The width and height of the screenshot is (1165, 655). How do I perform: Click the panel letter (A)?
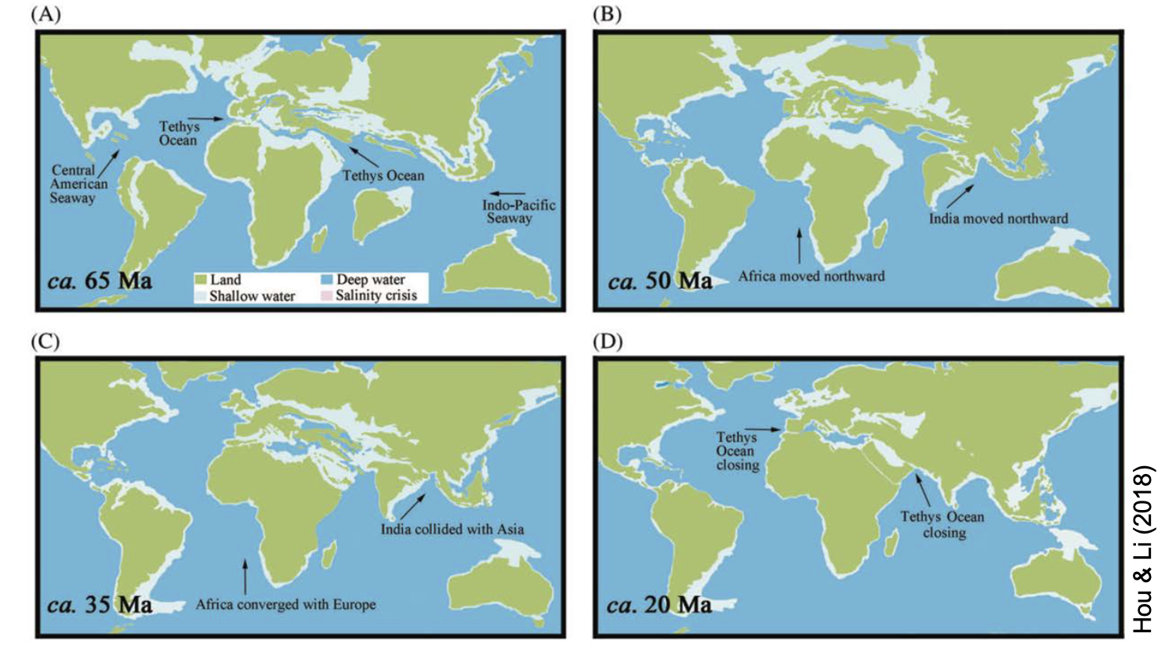(x=45, y=15)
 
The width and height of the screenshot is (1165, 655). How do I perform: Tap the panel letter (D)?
(x=608, y=342)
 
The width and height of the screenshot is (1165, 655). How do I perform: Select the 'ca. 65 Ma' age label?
(x=100, y=280)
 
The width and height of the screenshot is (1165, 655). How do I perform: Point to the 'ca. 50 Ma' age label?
(x=659, y=280)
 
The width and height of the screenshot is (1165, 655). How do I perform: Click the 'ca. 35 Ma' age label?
(x=100, y=604)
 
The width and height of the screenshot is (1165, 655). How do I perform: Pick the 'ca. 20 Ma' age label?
(x=659, y=604)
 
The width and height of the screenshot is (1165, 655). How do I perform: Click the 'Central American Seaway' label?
(x=78, y=184)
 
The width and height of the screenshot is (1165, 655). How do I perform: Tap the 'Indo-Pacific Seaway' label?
(x=518, y=212)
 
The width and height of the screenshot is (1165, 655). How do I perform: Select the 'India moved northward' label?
(x=998, y=219)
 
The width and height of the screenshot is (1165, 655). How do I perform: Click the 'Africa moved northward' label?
(x=811, y=276)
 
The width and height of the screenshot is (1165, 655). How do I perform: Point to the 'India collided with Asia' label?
(x=452, y=529)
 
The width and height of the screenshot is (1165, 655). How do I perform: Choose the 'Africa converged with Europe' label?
(x=285, y=604)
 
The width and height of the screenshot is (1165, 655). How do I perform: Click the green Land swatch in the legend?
(x=201, y=280)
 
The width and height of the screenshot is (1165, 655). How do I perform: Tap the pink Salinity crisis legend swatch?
(x=326, y=295)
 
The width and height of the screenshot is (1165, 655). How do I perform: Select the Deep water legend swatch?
(x=327, y=280)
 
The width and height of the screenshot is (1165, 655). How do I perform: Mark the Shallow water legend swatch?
(x=201, y=296)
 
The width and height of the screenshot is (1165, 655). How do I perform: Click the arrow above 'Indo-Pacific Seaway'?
(x=507, y=193)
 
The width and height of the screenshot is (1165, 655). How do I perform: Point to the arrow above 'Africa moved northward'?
(x=800, y=245)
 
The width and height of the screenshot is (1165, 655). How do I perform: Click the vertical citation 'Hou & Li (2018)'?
(x=1144, y=548)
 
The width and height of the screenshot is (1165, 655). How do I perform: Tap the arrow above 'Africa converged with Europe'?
(x=245, y=576)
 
